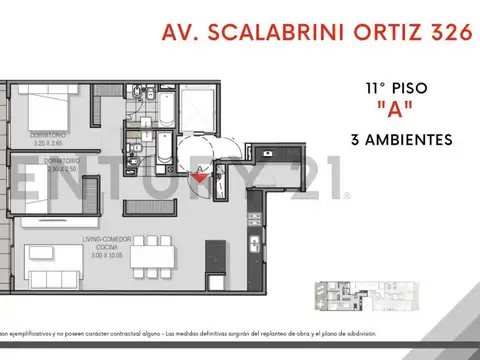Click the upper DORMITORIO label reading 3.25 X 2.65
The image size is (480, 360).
49,140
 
